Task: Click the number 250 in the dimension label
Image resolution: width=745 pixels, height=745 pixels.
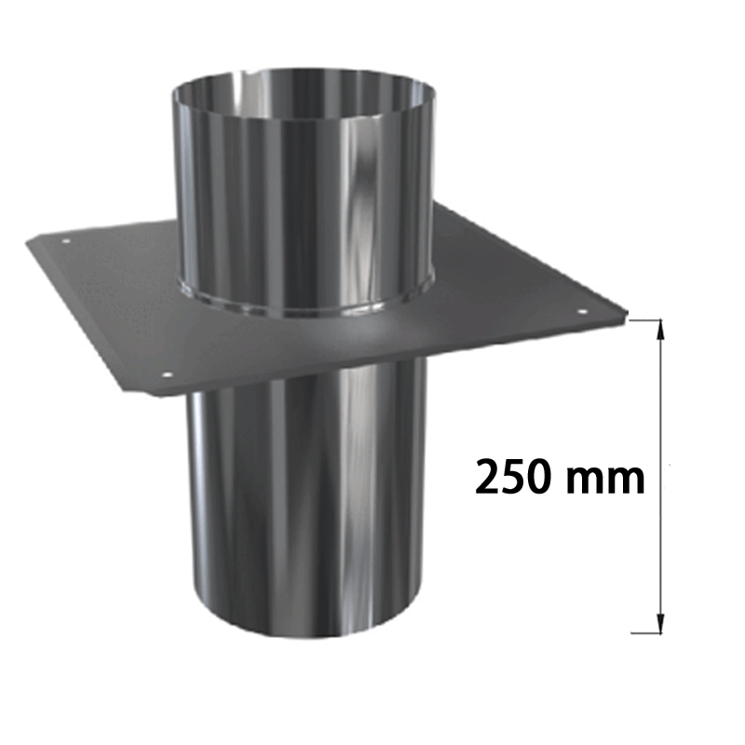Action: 513,477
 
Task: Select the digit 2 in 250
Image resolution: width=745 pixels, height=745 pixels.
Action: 487,477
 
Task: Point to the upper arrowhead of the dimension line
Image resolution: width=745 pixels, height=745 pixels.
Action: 660,331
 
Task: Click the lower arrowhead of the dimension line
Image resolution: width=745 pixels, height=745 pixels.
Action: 660,623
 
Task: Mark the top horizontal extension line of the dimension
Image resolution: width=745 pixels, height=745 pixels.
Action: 645,320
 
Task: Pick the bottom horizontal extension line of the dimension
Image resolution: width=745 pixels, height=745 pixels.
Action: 645,633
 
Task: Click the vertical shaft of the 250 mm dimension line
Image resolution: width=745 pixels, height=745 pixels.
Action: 660,477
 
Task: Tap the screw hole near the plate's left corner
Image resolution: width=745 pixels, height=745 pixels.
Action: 66,241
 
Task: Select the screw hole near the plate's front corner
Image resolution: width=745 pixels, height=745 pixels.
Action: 167,375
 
